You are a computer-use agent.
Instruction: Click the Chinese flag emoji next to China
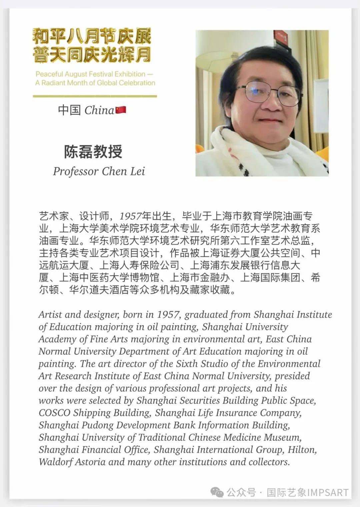tap(121, 110)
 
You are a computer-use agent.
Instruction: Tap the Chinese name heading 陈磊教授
tap(93, 152)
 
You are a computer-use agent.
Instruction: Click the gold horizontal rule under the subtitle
tap(95, 96)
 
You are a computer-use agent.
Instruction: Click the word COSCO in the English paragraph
tap(54, 413)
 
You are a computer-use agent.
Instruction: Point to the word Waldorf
tap(55, 462)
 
